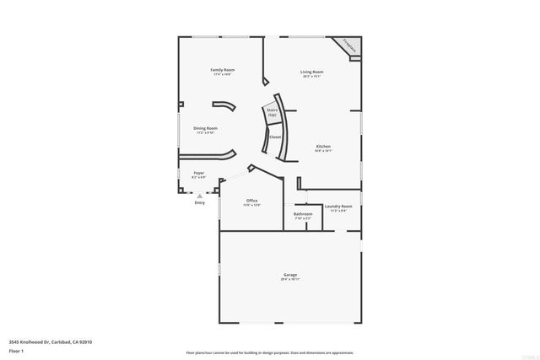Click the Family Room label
(222, 69)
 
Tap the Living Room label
(311, 72)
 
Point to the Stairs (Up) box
(272, 112)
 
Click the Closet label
(275, 137)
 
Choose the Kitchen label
(322, 147)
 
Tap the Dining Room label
(205, 128)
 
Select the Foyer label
(198, 173)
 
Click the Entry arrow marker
(200, 195)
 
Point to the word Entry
(200, 202)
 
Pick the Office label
(251, 201)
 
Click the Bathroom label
(303, 214)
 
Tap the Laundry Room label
(337, 206)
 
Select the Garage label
(289, 276)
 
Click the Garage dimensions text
(289, 280)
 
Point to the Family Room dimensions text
(222, 74)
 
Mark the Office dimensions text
(251, 205)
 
